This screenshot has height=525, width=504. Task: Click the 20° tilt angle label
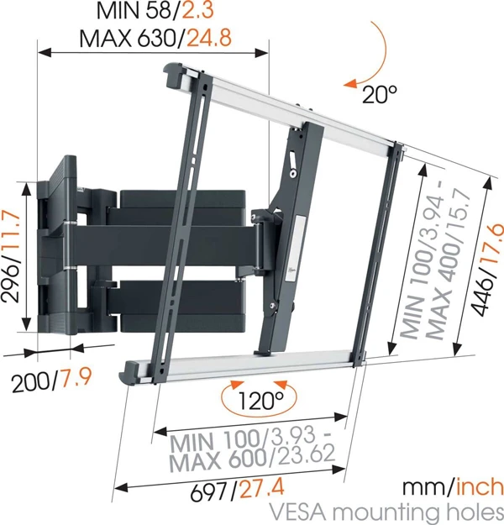click(x=379, y=94)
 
